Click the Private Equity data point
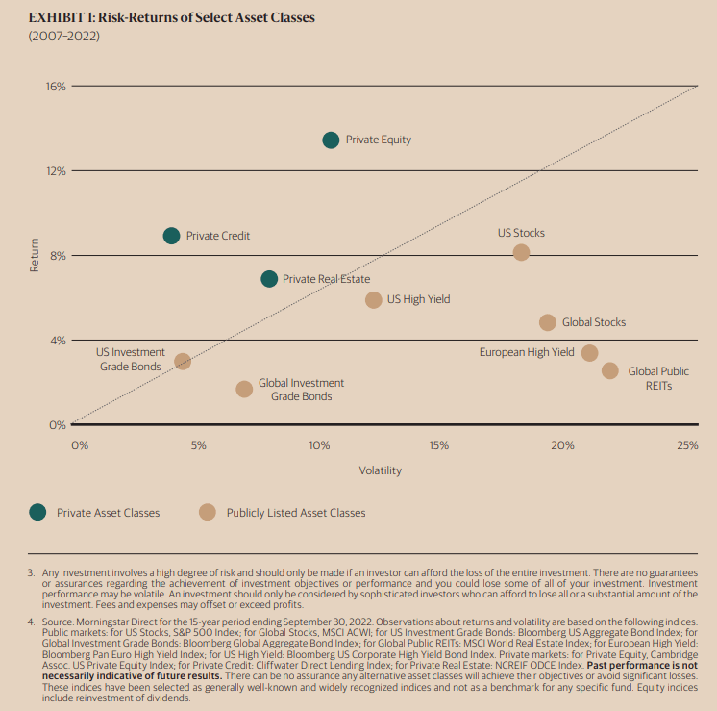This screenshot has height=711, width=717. click(331, 140)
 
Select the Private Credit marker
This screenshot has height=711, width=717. click(171, 236)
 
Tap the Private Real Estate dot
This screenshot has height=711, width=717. click(269, 279)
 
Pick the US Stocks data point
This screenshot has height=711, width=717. click(521, 252)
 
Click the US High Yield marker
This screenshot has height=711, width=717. click(373, 299)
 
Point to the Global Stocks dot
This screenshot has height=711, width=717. click(548, 322)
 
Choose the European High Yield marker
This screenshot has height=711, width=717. click(590, 353)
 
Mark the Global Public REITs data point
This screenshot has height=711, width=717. click(610, 370)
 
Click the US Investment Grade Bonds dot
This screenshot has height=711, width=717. click(183, 362)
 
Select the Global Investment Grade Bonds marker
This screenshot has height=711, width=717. click(244, 389)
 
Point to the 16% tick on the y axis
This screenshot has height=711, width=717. click(56, 87)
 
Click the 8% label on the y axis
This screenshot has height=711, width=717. click(58, 256)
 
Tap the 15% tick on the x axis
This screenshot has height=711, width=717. click(439, 445)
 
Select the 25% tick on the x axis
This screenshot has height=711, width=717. click(687, 445)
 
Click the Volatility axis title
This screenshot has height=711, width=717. click(381, 471)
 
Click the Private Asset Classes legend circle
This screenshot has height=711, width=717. click(37, 513)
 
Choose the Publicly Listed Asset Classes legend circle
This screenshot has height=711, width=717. click(207, 513)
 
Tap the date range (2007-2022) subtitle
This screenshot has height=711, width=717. click(63, 37)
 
